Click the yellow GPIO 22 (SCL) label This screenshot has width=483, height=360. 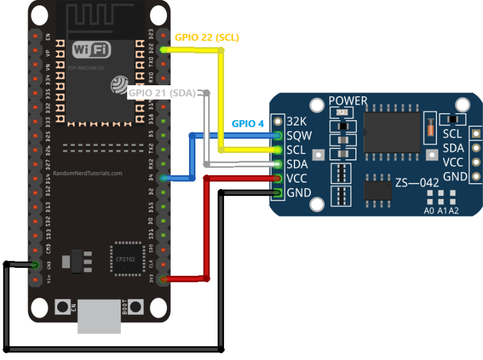(x=206, y=37)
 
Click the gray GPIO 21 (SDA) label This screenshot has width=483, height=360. (x=162, y=93)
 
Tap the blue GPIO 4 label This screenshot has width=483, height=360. (x=248, y=124)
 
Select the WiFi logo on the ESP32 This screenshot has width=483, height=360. (x=92, y=50)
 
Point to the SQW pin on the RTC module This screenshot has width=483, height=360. (x=278, y=136)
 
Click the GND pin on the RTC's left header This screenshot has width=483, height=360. (x=278, y=193)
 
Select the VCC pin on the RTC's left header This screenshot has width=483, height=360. (x=278, y=179)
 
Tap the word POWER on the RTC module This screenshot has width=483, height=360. (x=348, y=101)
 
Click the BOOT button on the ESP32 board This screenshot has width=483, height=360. (x=136, y=306)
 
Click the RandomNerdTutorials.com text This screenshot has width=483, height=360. (x=87, y=173)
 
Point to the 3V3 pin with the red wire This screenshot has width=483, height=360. (x=164, y=279)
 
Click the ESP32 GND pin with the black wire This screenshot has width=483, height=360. (x=35, y=265)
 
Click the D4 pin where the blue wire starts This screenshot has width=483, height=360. (x=164, y=178)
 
